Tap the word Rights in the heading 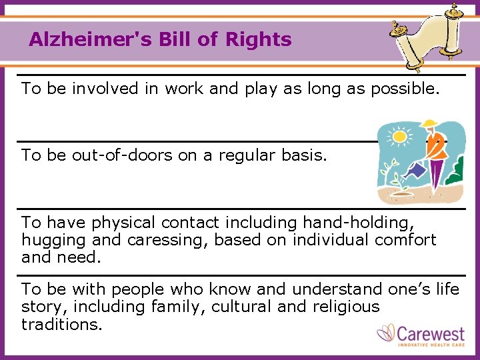(259, 39)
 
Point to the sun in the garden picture (399, 136)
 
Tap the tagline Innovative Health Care (431, 344)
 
